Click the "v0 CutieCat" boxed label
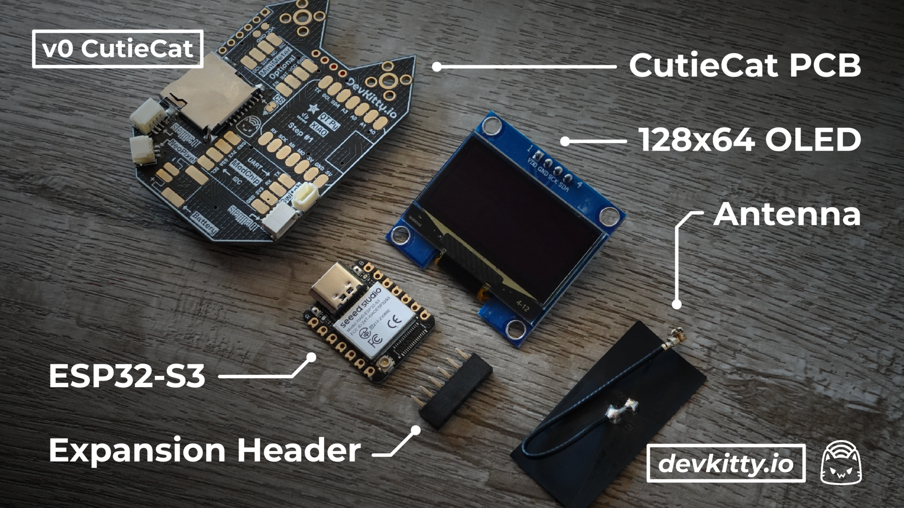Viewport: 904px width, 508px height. tap(118, 48)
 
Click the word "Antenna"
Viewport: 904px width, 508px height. tap(787, 214)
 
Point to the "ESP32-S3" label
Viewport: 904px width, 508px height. tap(127, 376)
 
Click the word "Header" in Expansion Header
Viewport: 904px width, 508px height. tap(299, 450)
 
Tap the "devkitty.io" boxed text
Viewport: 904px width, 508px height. tap(726, 464)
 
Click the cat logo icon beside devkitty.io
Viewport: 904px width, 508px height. tap(841, 463)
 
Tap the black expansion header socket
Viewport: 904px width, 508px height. tap(456, 390)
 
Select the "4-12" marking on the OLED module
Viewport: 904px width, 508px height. tap(523, 306)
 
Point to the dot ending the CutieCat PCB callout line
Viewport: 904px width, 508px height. tap(437, 67)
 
